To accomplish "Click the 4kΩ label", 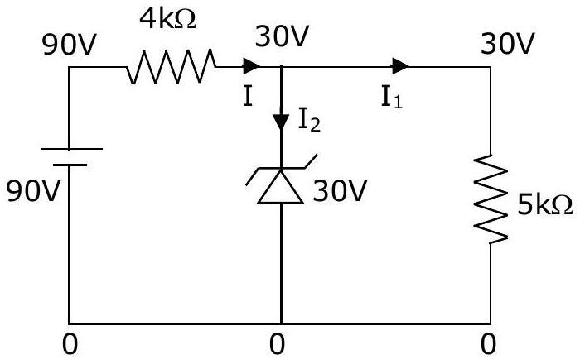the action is [167, 19].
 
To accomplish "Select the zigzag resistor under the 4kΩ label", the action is [171, 66].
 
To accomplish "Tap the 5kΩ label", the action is [544, 205].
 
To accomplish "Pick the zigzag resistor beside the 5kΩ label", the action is [491, 199].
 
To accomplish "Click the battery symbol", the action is [70, 157].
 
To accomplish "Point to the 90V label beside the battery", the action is [32, 191].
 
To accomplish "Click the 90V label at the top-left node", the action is [69, 45].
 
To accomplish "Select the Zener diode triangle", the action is [280, 185].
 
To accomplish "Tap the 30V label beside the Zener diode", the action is [340, 191].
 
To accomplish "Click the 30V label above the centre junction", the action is [282, 36].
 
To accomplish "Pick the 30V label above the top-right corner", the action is [507, 44].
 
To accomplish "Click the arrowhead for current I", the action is [252, 66].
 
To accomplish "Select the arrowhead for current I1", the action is [400, 66].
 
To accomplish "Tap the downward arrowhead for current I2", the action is [281, 122].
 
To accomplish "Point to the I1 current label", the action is [392, 98].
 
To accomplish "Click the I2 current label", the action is [309, 121].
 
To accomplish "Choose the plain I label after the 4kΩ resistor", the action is [248, 96].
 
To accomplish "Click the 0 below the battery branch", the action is [70, 344].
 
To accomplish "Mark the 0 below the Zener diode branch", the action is [277, 344].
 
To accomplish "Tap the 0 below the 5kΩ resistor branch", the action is [488, 344].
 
